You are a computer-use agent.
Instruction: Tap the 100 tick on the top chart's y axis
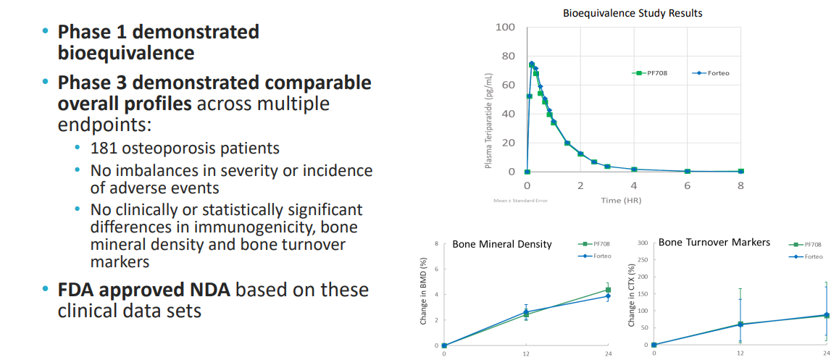505,28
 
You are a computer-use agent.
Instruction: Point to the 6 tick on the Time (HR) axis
687,185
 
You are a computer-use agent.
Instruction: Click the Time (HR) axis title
621,200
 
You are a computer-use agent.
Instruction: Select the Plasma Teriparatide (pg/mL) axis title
489,121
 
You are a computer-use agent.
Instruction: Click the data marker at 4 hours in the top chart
634,169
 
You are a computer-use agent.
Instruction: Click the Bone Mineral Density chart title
502,244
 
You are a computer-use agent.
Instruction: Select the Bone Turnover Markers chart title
714,242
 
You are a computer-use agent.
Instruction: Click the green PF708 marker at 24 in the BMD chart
608,290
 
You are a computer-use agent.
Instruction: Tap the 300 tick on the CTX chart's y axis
643,243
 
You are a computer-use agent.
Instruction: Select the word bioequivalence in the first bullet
125,52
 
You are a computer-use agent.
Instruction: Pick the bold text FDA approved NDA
143,291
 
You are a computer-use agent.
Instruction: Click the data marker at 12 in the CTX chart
740,325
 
